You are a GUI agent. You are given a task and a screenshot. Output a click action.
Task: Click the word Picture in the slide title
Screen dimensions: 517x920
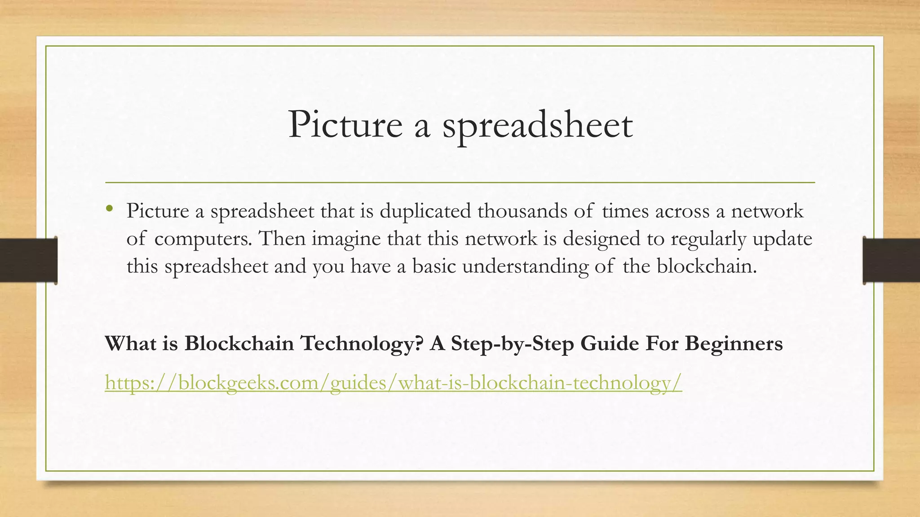[345, 125]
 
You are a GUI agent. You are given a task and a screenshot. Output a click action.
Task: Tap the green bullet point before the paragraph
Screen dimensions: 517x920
[109, 208]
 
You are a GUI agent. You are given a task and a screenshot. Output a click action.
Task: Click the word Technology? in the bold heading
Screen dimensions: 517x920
[362, 344]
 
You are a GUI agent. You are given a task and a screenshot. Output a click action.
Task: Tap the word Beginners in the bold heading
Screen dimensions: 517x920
[734, 344]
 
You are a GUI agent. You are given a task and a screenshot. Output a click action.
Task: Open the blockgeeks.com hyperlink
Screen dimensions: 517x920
[393, 383]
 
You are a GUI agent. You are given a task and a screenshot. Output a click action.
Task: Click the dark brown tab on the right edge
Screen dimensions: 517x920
[891, 260]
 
